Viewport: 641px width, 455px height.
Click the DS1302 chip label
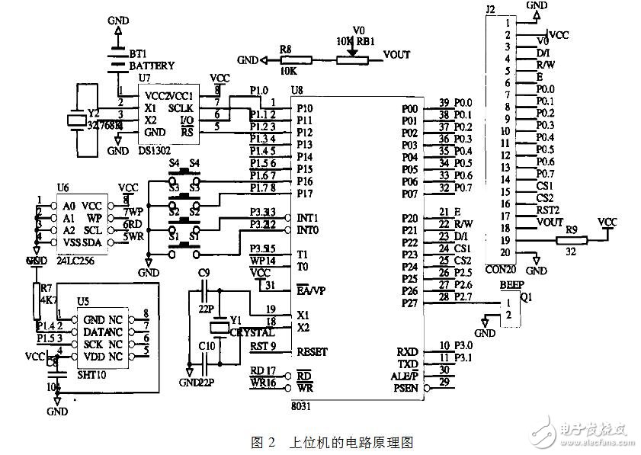[155, 151]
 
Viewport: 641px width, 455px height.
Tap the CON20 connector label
[502, 270]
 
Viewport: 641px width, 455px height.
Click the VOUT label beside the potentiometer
[396, 56]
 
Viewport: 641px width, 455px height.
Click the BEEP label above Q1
[511, 284]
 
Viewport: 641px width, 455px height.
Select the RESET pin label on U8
[311, 351]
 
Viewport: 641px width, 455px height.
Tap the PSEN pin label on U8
[407, 387]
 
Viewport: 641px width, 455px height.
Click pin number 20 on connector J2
[504, 252]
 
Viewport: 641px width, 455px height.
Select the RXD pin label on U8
[407, 351]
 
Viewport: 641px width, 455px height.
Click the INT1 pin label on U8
[307, 218]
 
